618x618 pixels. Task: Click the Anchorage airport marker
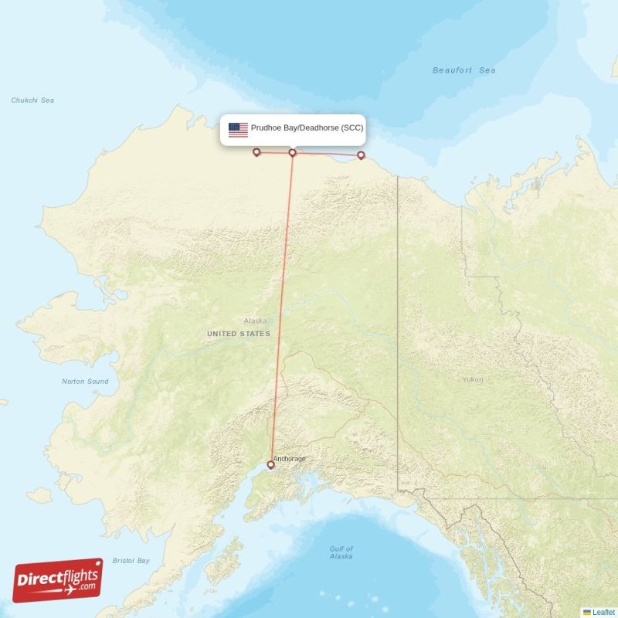coord(270,464)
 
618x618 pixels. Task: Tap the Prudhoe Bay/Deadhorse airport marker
coord(292,152)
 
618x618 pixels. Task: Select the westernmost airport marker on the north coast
coord(256,152)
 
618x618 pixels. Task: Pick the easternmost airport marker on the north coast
coord(360,155)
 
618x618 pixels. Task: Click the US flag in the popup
coord(238,130)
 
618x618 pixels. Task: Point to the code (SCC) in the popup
coord(352,128)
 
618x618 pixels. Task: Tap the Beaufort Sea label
coord(463,70)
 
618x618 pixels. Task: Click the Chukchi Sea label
coord(32,100)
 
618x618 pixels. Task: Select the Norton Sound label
coord(85,382)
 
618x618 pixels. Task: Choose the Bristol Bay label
coord(131,561)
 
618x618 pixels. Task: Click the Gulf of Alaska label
coord(341,552)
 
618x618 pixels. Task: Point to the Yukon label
coord(472,379)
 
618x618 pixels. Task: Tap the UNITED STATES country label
coord(239,334)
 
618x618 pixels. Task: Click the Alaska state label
coord(255,321)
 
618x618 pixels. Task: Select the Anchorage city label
coord(290,459)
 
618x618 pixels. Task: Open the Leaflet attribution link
coord(603,611)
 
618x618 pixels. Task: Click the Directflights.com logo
coord(58,580)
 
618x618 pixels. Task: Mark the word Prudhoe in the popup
coord(267,128)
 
